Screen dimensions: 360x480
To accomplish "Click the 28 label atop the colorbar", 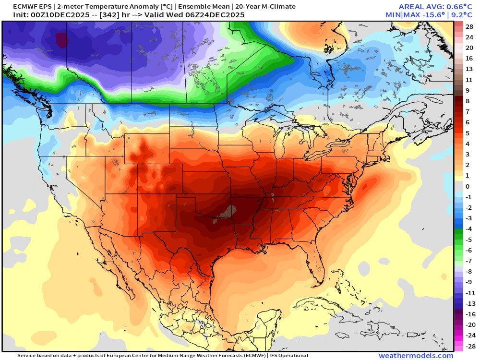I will click(x=469, y=26).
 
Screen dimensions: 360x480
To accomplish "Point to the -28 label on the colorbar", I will click(x=469, y=346).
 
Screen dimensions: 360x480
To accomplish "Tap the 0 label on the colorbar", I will click(x=468, y=186).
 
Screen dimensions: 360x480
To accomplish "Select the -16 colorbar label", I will click(x=469, y=314).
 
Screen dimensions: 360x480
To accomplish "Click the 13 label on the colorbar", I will click(x=469, y=69).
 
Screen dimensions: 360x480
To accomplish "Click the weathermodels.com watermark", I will click(x=416, y=356).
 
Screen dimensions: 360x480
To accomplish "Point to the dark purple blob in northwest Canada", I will click(x=61, y=40).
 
